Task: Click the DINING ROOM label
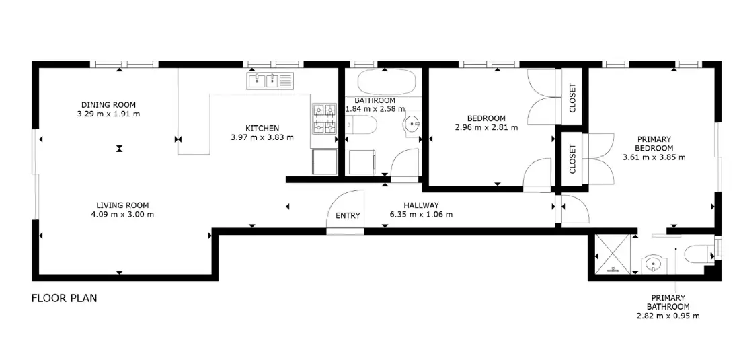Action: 108,104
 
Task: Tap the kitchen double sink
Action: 270,81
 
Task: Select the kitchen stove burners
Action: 325,118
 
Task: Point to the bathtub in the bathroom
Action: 387,82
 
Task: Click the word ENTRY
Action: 348,215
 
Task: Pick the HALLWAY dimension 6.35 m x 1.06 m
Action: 421,215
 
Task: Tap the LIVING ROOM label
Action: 122,205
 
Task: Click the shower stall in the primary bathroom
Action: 613,254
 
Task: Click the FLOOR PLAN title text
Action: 65,298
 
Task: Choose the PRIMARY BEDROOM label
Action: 654,143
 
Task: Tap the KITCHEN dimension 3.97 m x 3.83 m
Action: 262,137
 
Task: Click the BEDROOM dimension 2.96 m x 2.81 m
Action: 486,127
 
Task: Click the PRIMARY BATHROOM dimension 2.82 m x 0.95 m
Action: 668,316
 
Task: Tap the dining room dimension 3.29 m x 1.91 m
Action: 108,114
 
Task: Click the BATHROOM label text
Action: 375,101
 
